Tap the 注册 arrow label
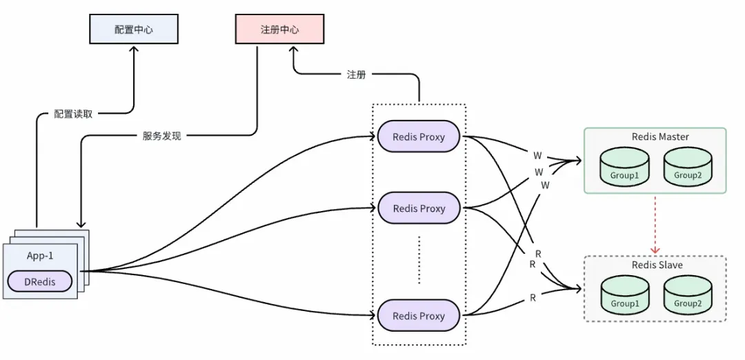pyautogui.click(x=356, y=74)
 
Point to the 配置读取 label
pyautogui.click(x=73, y=114)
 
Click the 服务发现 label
pyautogui.click(x=157, y=136)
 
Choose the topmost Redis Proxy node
pyautogui.click(x=419, y=137)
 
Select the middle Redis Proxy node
pyautogui.click(x=419, y=208)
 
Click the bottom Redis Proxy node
pyautogui.click(x=419, y=316)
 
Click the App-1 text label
pyautogui.click(x=40, y=255)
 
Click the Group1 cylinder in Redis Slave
pyautogui.click(x=624, y=296)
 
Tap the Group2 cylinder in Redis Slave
pyautogui.click(x=688, y=296)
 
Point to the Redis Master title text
pyautogui.click(x=660, y=137)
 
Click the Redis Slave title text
pyautogui.click(x=657, y=266)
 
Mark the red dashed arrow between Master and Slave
pyautogui.click(x=655, y=224)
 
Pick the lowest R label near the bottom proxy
pyautogui.click(x=533, y=298)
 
